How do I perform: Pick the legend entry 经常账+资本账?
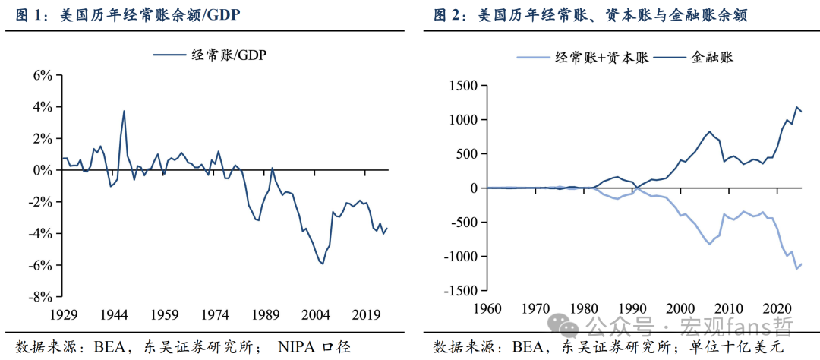(x=601, y=57)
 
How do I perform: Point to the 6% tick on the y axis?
(x=41, y=75)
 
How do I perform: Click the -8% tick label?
(x=39, y=296)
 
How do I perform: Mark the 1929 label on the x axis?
(x=63, y=314)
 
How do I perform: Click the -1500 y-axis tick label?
(x=458, y=290)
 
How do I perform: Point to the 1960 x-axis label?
(x=486, y=308)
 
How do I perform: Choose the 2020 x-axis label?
(x=776, y=308)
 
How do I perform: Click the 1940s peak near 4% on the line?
(x=124, y=111)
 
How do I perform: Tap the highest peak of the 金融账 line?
(x=796, y=107)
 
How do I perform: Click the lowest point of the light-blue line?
(x=796, y=269)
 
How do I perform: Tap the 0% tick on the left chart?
(x=41, y=170)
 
